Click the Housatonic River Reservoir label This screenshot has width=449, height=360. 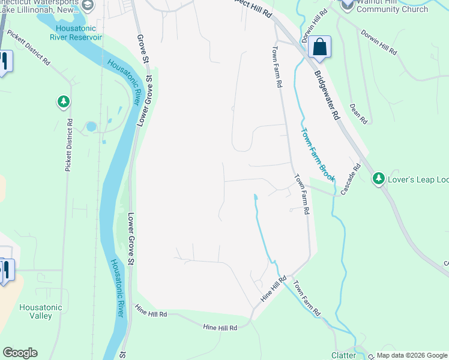click(x=79, y=32)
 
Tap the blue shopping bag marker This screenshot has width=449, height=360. click(x=320, y=47)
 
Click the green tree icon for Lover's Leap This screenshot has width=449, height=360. click(x=378, y=178)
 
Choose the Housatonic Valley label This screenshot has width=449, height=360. click(x=41, y=311)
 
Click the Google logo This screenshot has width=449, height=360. click(x=20, y=353)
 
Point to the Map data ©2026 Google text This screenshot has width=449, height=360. click(x=411, y=355)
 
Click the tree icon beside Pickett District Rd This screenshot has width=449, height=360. click(x=63, y=102)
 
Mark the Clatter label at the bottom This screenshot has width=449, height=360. click(x=343, y=355)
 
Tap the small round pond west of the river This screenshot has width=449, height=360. click(x=91, y=127)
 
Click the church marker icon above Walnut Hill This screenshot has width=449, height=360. click(x=348, y=4)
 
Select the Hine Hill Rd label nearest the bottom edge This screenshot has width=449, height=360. click(x=220, y=328)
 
